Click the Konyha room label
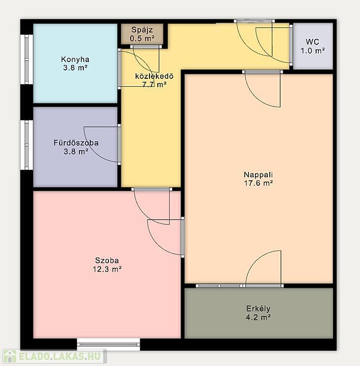point(75,59)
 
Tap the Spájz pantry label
point(142,30)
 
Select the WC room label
point(312,42)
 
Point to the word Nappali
point(258,174)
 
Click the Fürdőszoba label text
point(76,143)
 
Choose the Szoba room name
point(107,260)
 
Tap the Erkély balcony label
point(258,309)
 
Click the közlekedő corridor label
point(154,76)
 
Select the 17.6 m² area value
point(258,183)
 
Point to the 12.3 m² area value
point(107,269)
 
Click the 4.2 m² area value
point(258,317)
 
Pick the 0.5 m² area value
point(142,38)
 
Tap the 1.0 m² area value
point(313,51)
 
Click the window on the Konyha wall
point(27,59)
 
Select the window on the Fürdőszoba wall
point(27,145)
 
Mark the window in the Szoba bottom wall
point(108,344)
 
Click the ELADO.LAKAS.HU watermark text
point(60,357)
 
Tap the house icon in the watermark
point(9,357)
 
